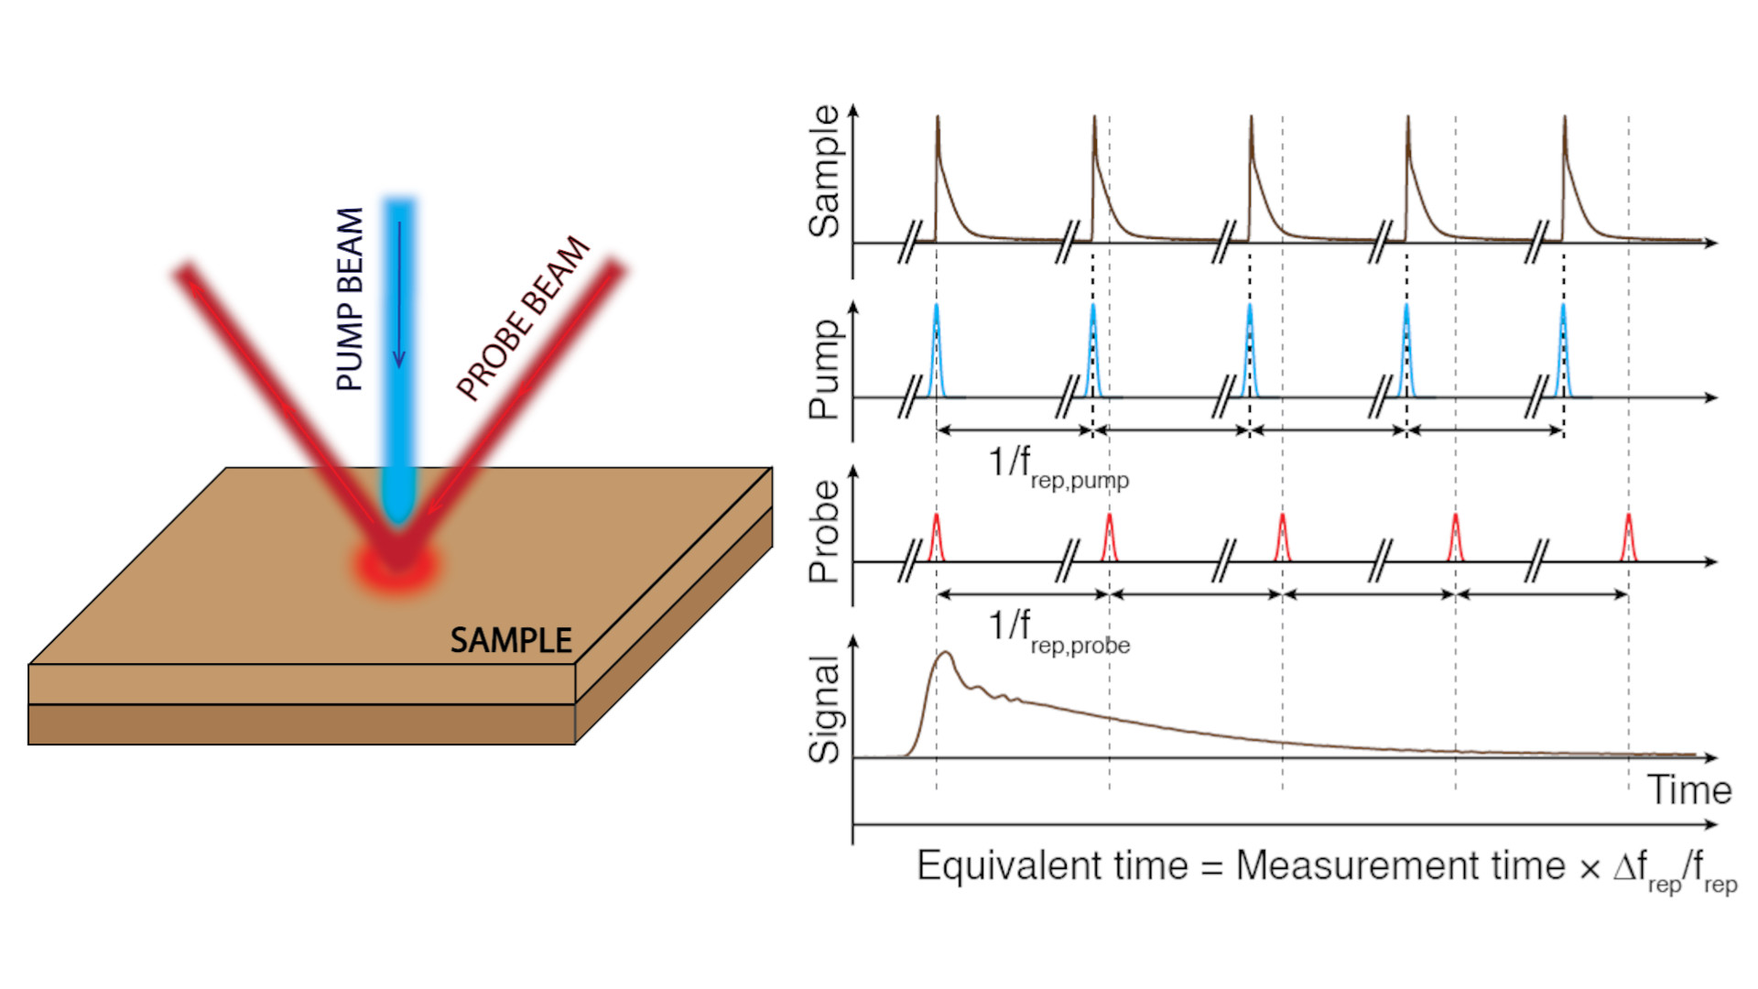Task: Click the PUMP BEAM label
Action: [x=350, y=299]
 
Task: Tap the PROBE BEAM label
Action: [x=523, y=318]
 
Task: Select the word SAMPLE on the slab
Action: [x=511, y=640]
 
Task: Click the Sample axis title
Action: [x=824, y=171]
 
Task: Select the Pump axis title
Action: [x=824, y=369]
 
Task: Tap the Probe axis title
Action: [x=824, y=532]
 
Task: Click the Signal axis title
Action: [x=824, y=709]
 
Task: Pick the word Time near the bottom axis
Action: [x=1689, y=789]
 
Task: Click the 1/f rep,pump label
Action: [x=1058, y=467]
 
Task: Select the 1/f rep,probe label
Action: [x=1058, y=632]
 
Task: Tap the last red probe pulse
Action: [x=1629, y=538]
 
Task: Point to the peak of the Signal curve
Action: [x=946, y=653]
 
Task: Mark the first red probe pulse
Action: [x=936, y=538]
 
